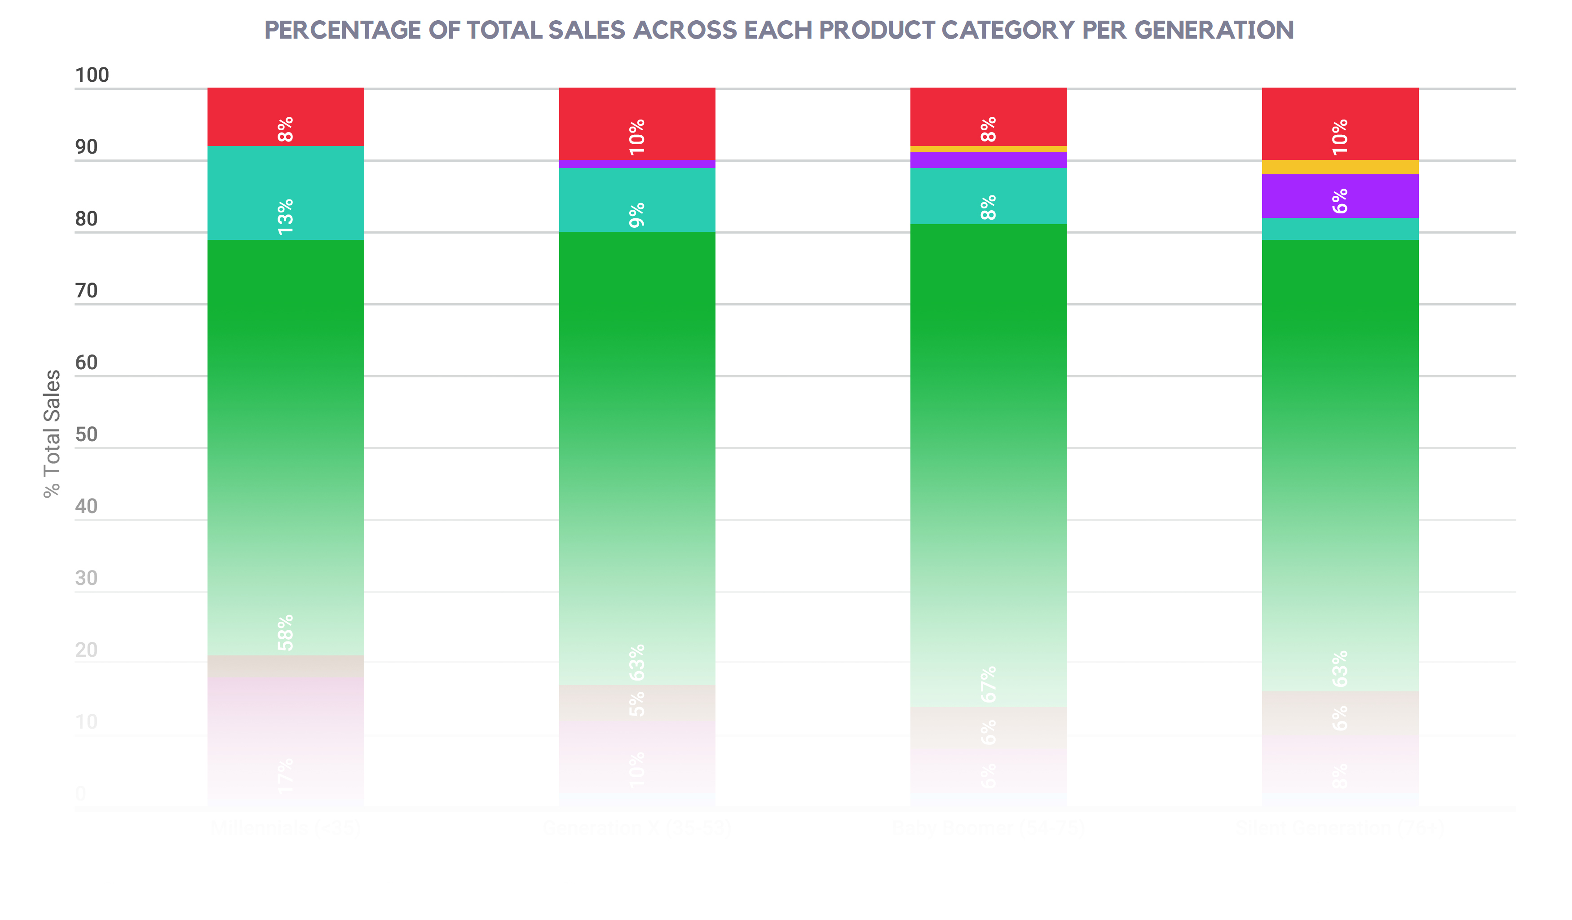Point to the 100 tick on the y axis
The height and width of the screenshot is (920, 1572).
(x=92, y=75)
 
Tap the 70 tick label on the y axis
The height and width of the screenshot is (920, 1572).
(x=86, y=291)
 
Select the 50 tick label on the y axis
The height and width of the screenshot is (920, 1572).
(x=86, y=435)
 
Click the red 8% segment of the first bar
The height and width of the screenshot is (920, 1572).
(x=285, y=117)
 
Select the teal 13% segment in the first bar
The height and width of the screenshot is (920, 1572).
(x=285, y=193)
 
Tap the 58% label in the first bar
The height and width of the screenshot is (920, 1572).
(x=285, y=632)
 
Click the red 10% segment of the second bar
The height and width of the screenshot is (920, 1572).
(x=636, y=124)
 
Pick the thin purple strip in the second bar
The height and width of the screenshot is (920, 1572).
(x=636, y=164)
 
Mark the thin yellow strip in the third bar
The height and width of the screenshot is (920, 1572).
(x=988, y=149)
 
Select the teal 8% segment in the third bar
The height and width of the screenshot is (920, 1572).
(x=988, y=196)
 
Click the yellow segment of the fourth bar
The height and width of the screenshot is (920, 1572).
(x=1339, y=167)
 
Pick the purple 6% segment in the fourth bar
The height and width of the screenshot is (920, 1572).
(x=1339, y=196)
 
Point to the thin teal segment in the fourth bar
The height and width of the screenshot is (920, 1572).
(x=1339, y=229)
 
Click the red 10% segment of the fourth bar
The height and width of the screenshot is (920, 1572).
(x=1339, y=124)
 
